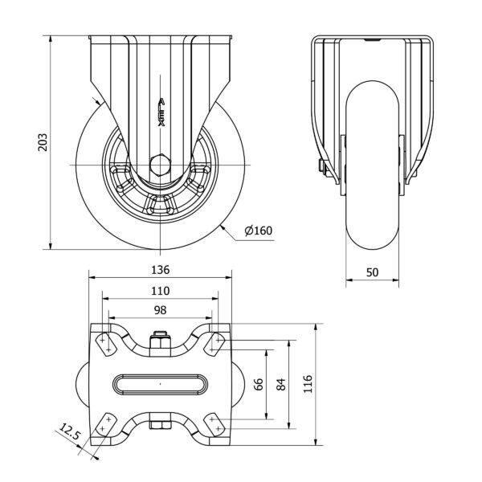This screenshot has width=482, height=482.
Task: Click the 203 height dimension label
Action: [x=43, y=142]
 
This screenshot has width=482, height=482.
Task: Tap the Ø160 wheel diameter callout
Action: [x=259, y=231]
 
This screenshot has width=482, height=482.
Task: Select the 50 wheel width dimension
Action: [x=372, y=272]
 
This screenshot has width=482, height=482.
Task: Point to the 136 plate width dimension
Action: [x=160, y=270]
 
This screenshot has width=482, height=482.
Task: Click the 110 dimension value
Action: [x=160, y=291]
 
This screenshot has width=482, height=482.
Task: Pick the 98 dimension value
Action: [x=160, y=310]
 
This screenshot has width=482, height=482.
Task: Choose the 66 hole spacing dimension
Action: [x=259, y=384]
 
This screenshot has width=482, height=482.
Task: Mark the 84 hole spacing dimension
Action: [x=280, y=384]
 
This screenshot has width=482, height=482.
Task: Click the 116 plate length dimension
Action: [x=308, y=384]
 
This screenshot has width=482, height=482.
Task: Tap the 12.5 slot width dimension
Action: [x=70, y=431]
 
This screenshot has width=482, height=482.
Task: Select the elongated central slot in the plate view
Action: [x=160, y=384]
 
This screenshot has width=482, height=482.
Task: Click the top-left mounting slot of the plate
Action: [x=105, y=345]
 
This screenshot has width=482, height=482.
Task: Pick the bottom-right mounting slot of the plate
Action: [x=214, y=424]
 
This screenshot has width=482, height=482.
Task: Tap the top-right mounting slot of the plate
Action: [x=214, y=345]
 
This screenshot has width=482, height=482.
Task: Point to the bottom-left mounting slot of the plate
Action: [x=105, y=424]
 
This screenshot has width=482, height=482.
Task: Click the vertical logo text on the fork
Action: [x=161, y=112]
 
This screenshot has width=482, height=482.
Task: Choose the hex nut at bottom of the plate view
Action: [x=160, y=425]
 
